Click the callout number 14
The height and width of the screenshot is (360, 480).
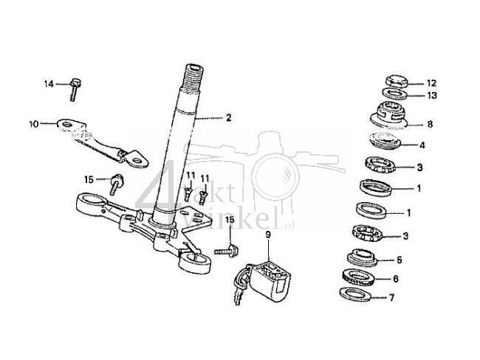click(x=49, y=84)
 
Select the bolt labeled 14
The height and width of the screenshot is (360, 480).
click(x=75, y=89)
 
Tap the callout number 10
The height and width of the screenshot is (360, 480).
click(x=34, y=123)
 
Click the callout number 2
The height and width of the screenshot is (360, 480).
click(x=228, y=117)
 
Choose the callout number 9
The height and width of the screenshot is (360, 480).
click(x=269, y=235)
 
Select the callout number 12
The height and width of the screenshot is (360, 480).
click(x=432, y=83)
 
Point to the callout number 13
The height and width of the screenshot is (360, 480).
click(x=432, y=96)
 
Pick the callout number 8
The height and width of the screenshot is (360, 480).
click(x=430, y=125)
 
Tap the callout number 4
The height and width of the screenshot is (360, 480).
click(x=422, y=145)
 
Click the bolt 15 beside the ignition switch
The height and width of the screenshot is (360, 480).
click(x=225, y=251)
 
